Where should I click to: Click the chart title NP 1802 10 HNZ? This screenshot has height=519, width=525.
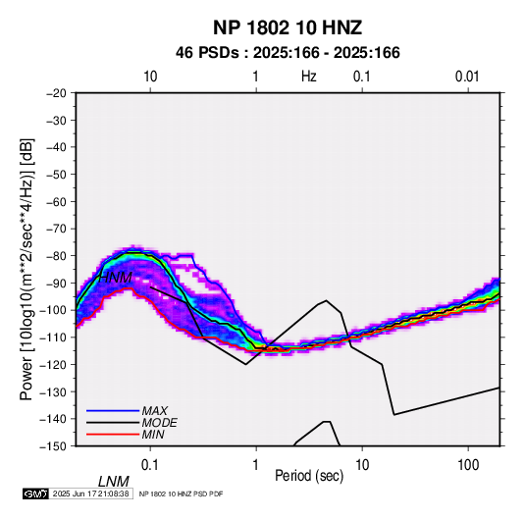[288, 27]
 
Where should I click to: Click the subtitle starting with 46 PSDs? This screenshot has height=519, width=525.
[288, 53]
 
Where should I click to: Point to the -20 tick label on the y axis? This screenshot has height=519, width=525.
[56, 93]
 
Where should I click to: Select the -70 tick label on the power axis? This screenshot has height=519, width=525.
[56, 229]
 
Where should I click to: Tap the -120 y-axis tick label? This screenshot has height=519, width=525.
[54, 365]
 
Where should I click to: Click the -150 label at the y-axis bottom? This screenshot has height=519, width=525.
[54, 446]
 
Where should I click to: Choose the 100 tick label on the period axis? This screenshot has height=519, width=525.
[468, 465]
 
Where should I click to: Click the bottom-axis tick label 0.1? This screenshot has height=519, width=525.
[150, 465]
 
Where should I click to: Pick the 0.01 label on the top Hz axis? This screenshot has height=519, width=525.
[467, 77]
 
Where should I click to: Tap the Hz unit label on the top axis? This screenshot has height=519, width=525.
[309, 77]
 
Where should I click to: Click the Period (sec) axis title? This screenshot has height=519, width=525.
[309, 476]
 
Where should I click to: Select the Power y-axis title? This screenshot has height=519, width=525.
[26, 269]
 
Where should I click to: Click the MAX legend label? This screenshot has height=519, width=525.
[155, 410]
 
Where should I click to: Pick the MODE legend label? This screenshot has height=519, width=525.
[159, 423]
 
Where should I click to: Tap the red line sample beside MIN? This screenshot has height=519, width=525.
[113, 435]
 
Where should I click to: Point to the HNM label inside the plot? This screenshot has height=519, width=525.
[115, 278]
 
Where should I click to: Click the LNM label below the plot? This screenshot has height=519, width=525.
[114, 482]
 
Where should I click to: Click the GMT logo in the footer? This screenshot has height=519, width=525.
[36, 493]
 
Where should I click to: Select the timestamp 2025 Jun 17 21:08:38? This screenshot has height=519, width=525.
[90, 493]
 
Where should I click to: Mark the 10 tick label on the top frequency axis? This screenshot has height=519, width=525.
[150, 77]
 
